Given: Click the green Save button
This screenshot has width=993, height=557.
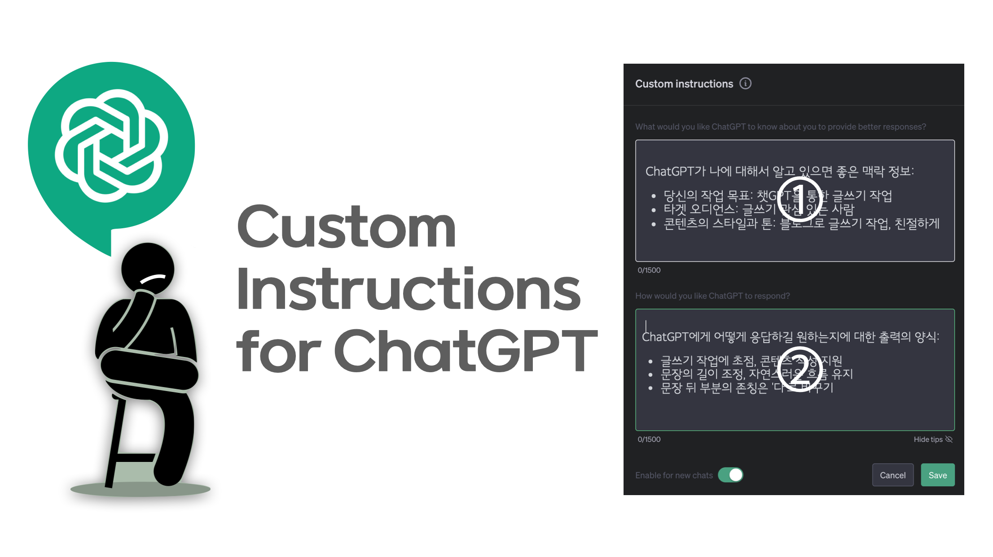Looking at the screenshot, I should pos(937,475).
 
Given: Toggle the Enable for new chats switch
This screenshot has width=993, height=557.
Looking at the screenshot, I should pos(730,475).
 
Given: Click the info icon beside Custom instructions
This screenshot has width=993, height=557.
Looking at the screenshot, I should pos(745,83).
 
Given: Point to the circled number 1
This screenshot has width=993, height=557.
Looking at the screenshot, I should pos(800,199).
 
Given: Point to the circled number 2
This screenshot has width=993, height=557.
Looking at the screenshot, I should pos(799,370).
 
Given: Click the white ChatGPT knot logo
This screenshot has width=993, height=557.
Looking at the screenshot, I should pos(111,145).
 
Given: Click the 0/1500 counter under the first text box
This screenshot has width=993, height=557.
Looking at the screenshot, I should pos(649,270).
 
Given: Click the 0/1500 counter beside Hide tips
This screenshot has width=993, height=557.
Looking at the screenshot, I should pos(649,440).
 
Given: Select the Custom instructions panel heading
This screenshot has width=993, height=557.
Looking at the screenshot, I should pos(684,84).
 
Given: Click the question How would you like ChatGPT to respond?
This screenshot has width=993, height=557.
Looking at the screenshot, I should pos(712,296).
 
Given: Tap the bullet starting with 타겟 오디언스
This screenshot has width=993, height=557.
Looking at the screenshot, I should pos(759,209).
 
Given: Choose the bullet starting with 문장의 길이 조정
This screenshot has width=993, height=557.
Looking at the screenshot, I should pos(756,374).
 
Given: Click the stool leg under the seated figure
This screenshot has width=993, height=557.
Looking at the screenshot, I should pos(115,444).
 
